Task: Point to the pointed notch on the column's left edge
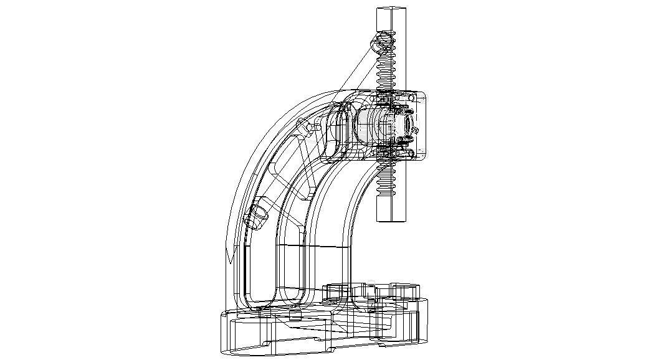tap(230, 255)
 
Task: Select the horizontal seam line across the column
tap(312, 247)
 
